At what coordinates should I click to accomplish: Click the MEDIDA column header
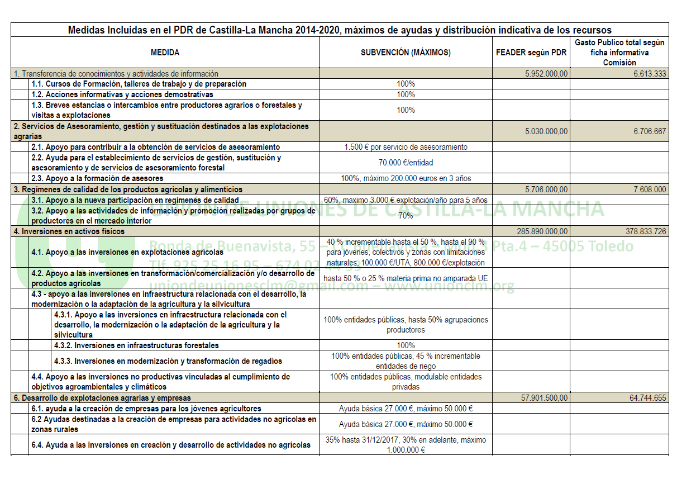pos(165,53)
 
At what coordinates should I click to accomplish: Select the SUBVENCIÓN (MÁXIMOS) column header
pos(406,53)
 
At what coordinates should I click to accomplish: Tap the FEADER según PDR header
pos(531,53)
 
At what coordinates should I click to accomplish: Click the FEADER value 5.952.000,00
pos(546,74)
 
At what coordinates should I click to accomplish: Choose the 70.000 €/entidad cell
pos(406,163)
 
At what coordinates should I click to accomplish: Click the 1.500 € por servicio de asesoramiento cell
pos(406,147)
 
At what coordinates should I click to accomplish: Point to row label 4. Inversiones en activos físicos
pos(69,231)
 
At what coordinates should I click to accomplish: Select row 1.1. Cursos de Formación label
pos(139,84)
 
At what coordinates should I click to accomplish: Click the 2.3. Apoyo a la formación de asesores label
pos(98,178)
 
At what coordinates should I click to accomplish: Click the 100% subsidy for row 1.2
pos(406,94)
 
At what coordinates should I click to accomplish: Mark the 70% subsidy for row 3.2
pos(406,215)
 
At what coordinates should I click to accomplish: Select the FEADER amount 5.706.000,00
pos(546,189)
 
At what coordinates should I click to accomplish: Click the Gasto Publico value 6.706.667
pos(650,131)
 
